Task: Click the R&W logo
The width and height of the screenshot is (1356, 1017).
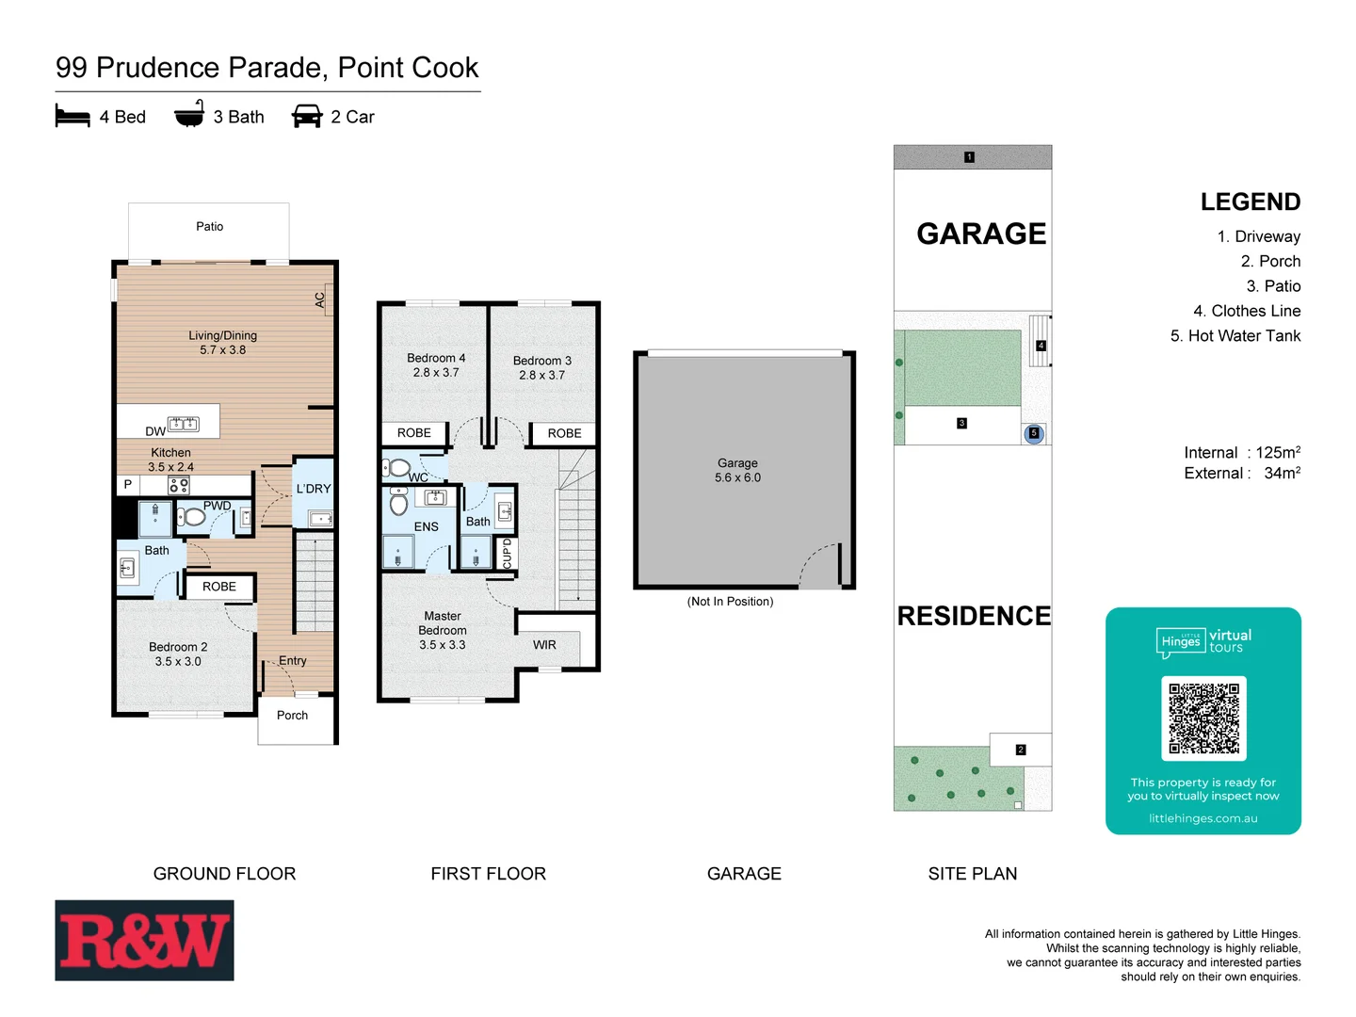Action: [x=144, y=940]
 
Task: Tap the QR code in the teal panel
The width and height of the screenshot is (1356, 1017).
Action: [x=1203, y=718]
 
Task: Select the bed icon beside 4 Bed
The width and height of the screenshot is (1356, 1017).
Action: [x=73, y=117]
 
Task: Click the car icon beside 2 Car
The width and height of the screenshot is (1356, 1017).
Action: [x=307, y=117]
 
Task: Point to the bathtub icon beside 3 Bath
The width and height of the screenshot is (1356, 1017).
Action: [x=189, y=115]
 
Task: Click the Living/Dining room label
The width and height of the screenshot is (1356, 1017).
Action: [x=222, y=343]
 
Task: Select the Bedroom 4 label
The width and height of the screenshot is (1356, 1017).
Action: [x=436, y=365]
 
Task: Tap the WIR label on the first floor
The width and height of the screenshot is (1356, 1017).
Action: [x=544, y=645]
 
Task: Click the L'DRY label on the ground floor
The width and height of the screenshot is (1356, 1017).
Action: [x=314, y=489]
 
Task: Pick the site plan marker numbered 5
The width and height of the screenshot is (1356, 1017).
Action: [x=1034, y=433]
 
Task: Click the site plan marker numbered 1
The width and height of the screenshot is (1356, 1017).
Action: [x=969, y=157]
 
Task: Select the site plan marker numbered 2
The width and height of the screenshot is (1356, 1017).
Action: [x=1021, y=750]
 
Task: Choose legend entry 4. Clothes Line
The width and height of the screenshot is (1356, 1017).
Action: [x=1247, y=311]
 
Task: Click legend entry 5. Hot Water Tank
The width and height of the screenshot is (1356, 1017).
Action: [x=1235, y=336]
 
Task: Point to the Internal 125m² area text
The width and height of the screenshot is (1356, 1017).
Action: [x=1241, y=453]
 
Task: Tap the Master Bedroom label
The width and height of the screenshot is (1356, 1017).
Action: [x=443, y=631]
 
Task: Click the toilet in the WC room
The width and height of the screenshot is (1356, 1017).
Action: [x=398, y=467]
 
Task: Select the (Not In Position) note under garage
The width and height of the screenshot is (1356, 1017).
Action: [x=730, y=602]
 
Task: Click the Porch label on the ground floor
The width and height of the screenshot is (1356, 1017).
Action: [x=292, y=716]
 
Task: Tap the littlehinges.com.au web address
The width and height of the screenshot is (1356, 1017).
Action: [x=1203, y=818]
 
